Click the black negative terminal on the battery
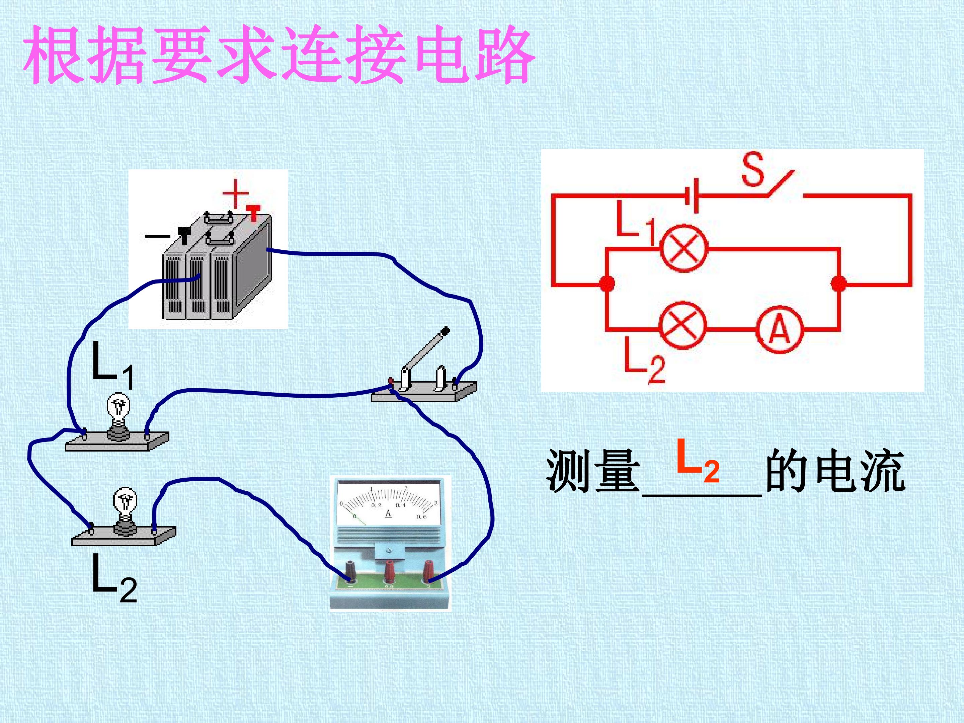click(x=185, y=235)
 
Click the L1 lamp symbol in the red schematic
click(x=684, y=249)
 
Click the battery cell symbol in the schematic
click(x=692, y=196)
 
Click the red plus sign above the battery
click(x=235, y=193)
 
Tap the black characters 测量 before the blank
click(x=593, y=471)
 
